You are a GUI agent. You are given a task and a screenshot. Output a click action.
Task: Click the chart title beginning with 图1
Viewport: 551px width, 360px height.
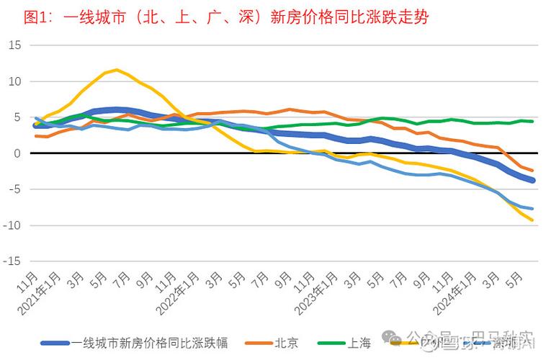[x=225, y=17]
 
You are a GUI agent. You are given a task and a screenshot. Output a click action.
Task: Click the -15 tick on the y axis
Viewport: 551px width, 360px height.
[x=13, y=261]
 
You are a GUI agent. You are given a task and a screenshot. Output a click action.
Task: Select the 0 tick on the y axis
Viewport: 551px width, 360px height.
[x=18, y=153]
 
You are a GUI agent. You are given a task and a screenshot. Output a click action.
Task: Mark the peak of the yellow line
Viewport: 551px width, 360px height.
[x=117, y=70]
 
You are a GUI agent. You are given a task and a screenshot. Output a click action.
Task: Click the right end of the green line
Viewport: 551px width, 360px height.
[x=532, y=122]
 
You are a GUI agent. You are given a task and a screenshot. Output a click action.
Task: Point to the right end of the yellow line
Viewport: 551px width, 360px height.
[x=532, y=220]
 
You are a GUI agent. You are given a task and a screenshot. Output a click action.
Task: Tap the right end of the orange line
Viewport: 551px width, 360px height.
[x=532, y=171]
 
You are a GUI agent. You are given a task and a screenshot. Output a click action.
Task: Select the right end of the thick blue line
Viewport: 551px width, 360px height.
[x=532, y=180]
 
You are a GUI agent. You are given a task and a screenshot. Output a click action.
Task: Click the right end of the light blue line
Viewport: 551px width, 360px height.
[x=532, y=209]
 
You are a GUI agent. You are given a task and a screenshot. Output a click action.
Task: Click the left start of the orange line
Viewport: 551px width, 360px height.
[x=36, y=136]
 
